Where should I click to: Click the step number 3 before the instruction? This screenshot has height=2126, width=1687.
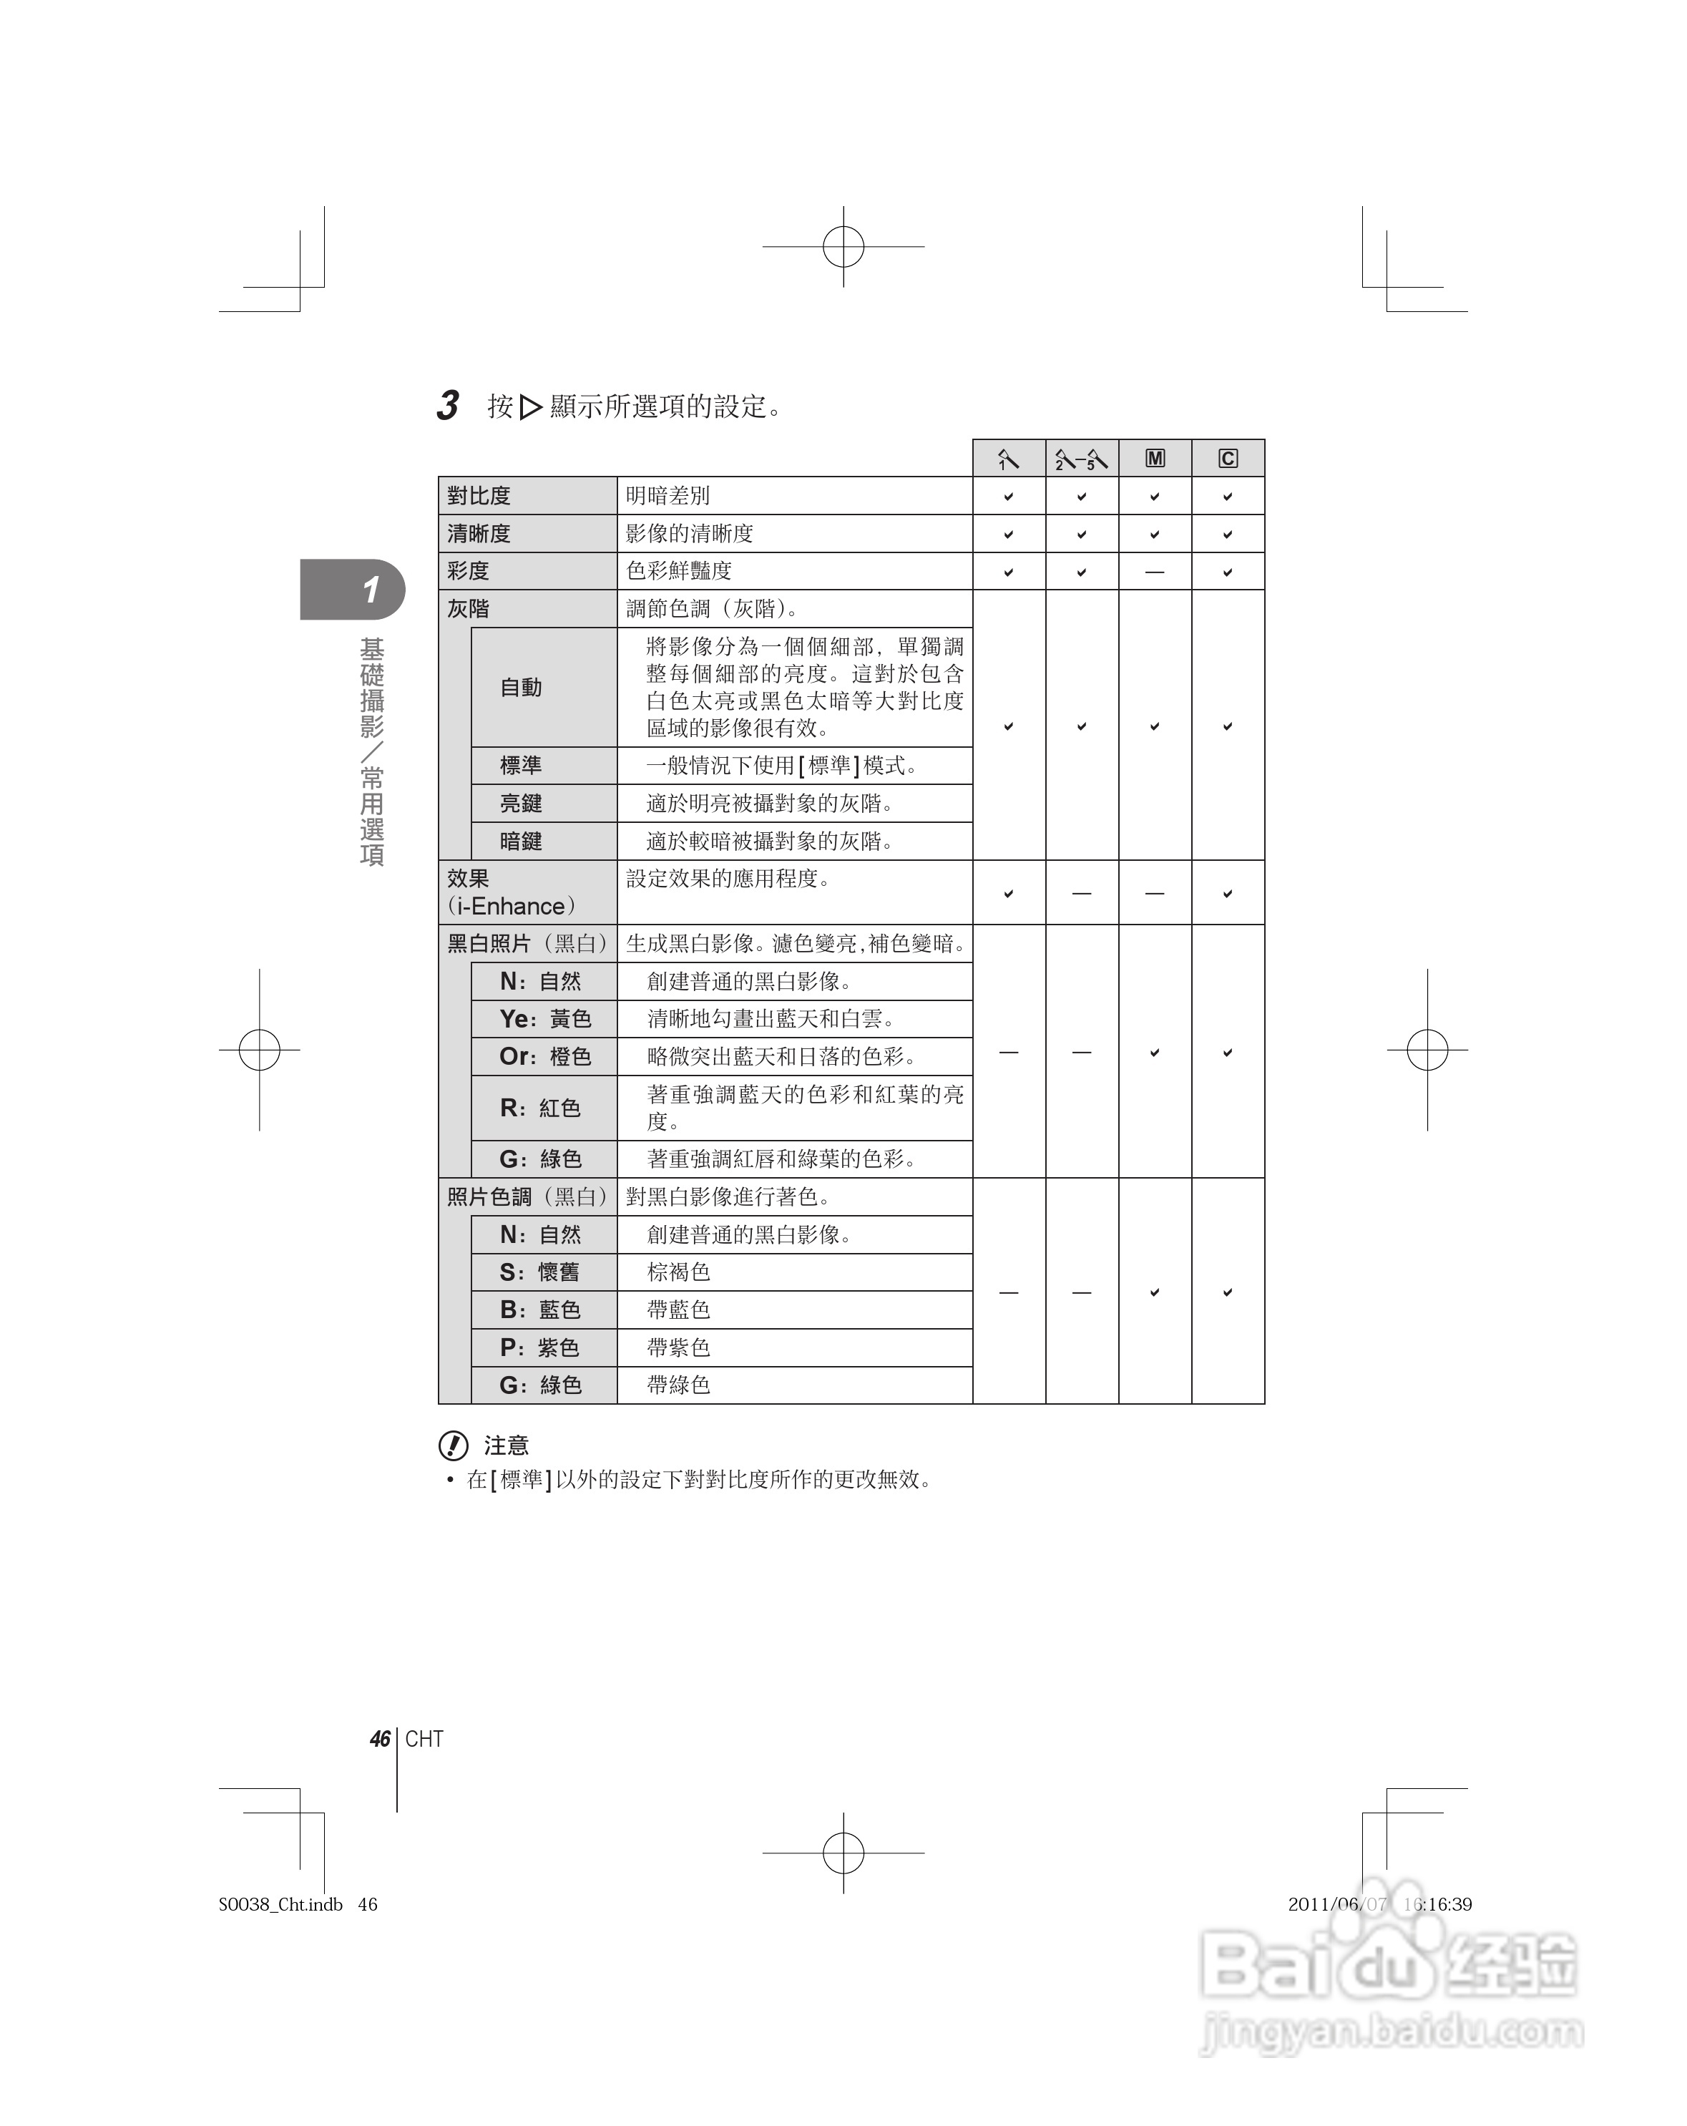(448, 405)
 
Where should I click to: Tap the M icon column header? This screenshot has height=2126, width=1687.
(1155, 459)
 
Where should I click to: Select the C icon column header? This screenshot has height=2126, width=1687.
(1228, 459)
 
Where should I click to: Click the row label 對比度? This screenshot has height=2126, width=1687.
(479, 496)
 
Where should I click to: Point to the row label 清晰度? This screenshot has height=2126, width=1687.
(479, 534)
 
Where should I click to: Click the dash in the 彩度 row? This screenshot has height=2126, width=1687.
(1155, 572)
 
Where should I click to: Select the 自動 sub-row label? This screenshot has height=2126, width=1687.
(521, 687)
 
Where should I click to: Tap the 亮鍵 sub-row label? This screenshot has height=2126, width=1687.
(521, 804)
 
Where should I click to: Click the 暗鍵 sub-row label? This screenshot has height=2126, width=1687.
(521, 841)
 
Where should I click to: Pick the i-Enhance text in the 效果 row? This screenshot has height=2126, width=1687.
(511, 906)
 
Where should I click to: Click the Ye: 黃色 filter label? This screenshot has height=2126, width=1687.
(545, 1018)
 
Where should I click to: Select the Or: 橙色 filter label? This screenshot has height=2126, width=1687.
(545, 1056)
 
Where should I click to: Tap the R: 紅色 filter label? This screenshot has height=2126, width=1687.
(540, 1108)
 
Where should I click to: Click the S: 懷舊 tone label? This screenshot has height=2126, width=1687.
(539, 1272)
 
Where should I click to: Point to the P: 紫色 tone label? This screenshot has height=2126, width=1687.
(539, 1347)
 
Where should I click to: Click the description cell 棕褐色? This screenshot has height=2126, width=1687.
(678, 1272)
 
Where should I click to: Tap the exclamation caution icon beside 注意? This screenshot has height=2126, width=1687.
(453, 1445)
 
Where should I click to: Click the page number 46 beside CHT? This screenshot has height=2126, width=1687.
(380, 1738)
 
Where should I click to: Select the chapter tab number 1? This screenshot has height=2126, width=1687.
(370, 590)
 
